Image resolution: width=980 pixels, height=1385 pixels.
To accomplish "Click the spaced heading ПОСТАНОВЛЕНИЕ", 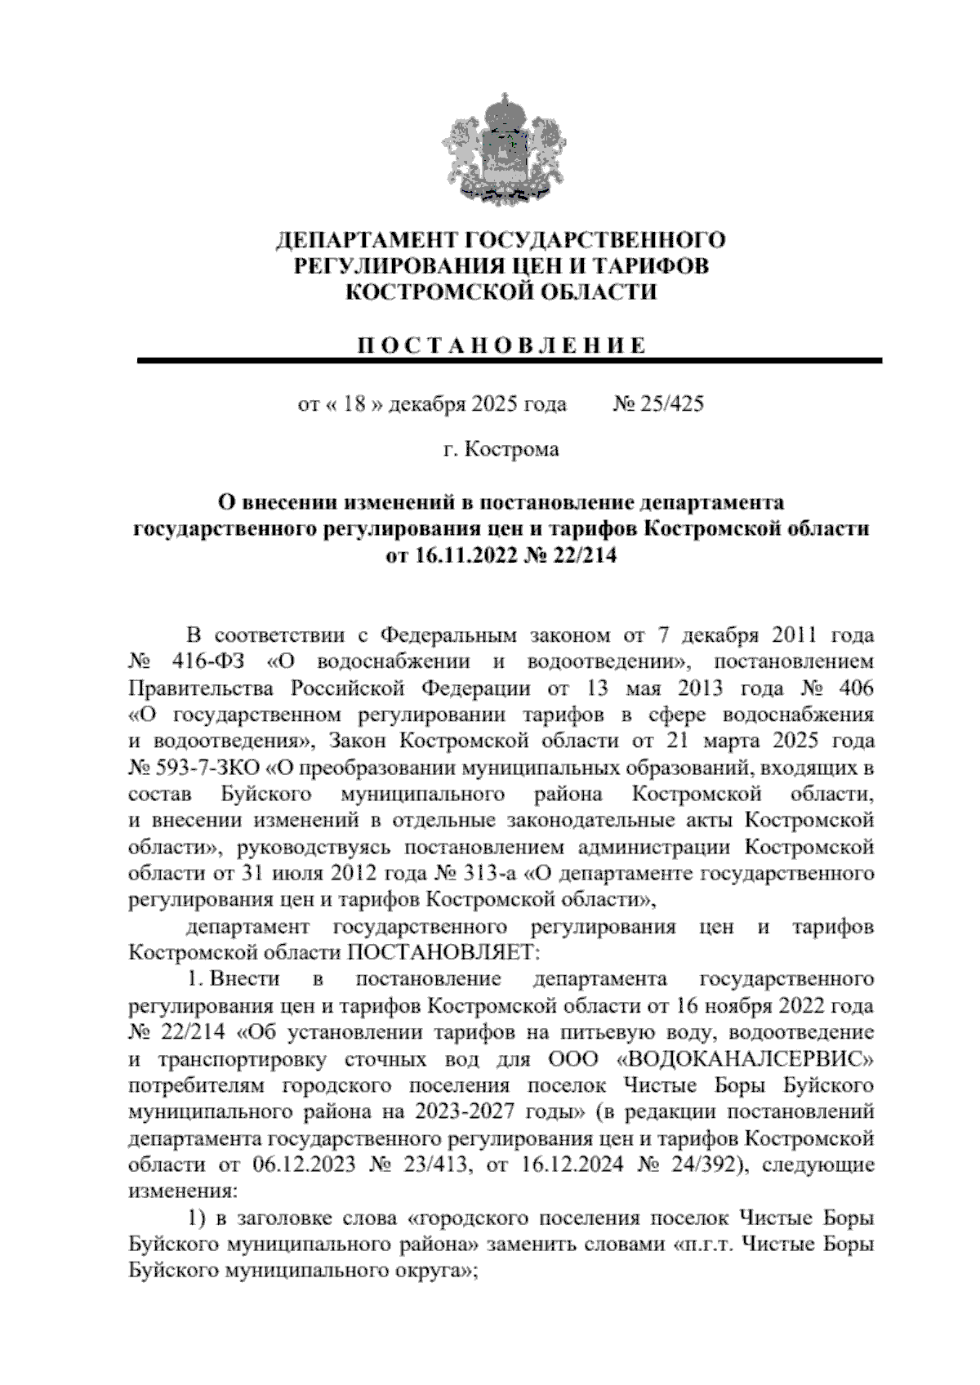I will click(501, 345).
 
